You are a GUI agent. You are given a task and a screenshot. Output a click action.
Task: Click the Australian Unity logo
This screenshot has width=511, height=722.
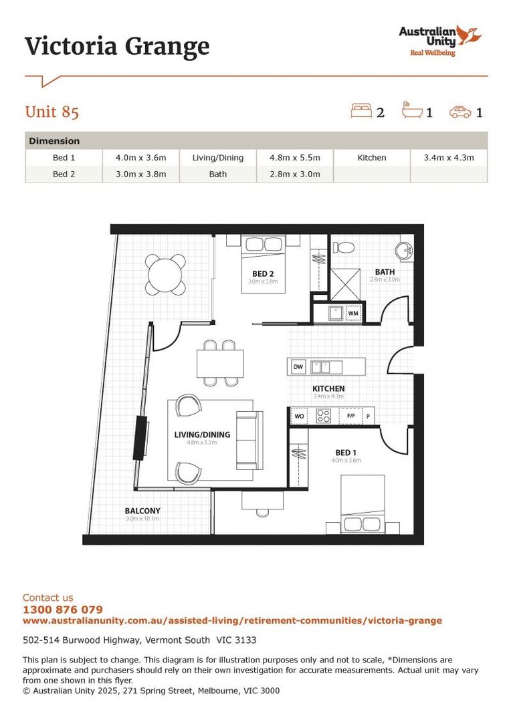point(439,40)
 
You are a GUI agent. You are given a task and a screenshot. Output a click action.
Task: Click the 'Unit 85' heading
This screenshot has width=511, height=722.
point(52,112)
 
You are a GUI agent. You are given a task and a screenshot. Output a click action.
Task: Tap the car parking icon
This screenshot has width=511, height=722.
point(460,112)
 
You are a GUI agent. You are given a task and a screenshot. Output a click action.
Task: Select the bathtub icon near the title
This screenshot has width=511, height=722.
point(412,110)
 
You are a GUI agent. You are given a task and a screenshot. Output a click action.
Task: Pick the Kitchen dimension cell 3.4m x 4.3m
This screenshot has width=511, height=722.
point(448,158)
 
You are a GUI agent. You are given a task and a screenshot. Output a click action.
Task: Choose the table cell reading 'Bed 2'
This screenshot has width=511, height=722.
point(64,174)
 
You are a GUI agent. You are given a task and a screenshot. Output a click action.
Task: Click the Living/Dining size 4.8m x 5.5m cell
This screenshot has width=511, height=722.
point(294,158)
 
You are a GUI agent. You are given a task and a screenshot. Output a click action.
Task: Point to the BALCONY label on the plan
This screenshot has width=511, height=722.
point(142,511)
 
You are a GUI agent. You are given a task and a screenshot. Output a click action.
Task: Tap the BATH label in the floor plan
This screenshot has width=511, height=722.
point(385,272)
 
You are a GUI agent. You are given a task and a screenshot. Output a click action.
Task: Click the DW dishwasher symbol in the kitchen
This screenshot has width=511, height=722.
point(298,366)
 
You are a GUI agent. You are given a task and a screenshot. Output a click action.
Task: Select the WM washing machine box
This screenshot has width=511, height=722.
point(352,313)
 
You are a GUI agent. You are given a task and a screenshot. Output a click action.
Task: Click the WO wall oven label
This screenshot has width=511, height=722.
point(299,416)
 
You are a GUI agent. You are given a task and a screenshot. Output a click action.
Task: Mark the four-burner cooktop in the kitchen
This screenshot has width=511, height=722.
point(324,416)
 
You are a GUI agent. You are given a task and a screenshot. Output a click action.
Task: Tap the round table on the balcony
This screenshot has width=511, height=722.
point(166,274)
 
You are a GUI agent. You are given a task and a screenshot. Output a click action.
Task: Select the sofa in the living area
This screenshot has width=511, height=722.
point(249,440)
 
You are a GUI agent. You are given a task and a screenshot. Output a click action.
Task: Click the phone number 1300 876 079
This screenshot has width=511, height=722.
point(63,610)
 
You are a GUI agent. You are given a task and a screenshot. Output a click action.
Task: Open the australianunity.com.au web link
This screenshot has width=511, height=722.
point(232,620)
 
